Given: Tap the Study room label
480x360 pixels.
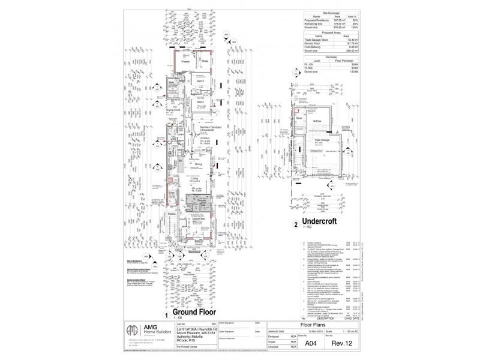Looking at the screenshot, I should [205, 61].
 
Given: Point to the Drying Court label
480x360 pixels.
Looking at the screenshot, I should [174, 110].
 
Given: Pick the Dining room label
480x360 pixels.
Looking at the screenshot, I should [198, 163].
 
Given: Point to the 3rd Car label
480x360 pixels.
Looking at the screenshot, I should [318, 121].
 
